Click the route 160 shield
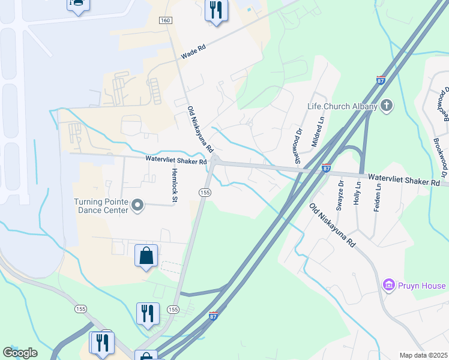click(165, 21)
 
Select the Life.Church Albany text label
click(342, 107)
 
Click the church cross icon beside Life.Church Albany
click(387, 107)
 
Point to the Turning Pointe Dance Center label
click(101, 206)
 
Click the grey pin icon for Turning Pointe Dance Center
click(138, 206)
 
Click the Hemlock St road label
click(175, 185)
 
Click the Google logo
click(20, 353)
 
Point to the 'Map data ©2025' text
click(423, 355)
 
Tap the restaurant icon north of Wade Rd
click(216, 10)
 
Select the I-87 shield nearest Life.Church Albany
click(381, 80)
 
